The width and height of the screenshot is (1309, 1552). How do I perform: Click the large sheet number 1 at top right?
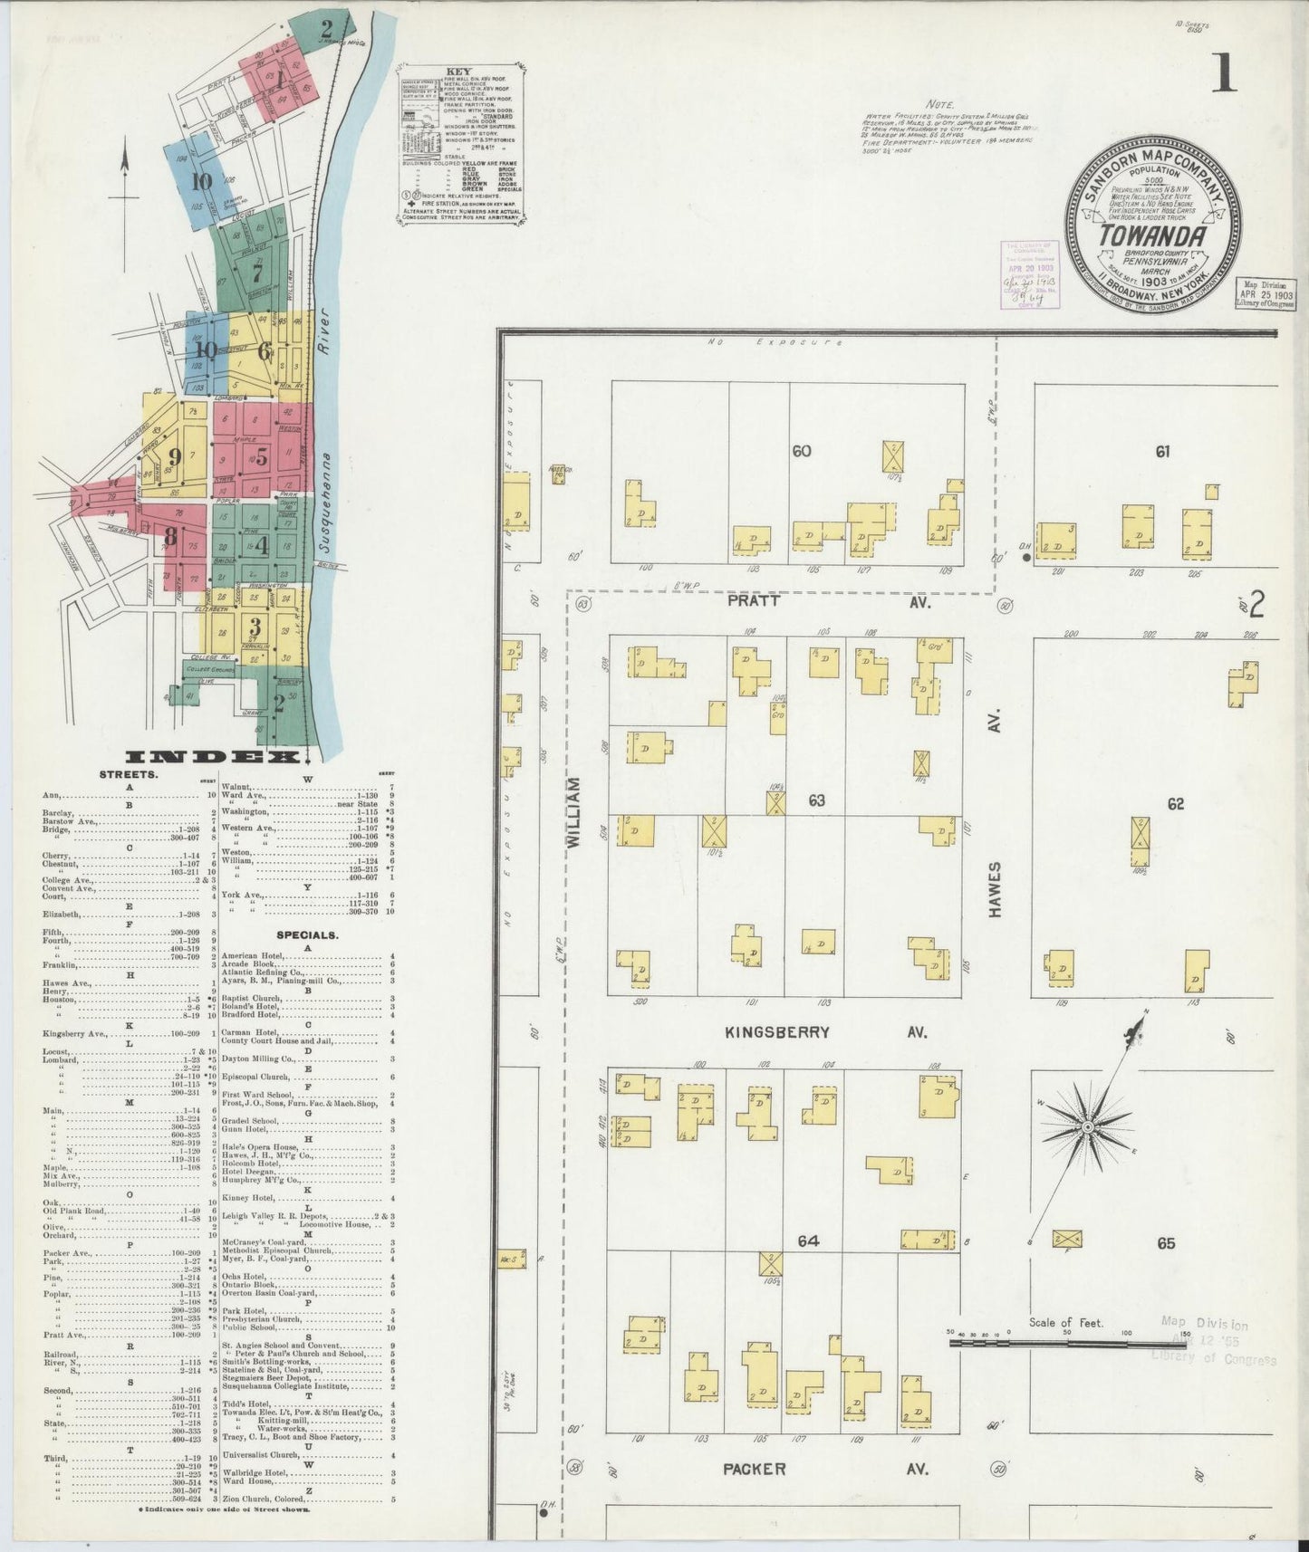point(1222,72)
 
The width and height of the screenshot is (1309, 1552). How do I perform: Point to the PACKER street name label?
point(754,1469)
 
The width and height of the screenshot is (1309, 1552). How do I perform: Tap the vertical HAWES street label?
point(996,889)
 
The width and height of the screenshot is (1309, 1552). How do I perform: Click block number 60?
point(801,450)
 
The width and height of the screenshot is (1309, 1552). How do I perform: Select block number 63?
point(816,800)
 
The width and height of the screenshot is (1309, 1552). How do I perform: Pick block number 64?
point(807,1241)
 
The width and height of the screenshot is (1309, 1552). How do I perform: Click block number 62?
point(1175,803)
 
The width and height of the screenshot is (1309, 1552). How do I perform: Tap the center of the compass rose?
point(1087,1126)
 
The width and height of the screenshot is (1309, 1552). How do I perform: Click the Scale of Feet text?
point(1065,1323)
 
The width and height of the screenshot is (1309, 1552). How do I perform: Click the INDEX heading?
point(214,757)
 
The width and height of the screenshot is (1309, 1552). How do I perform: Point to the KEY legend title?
point(459,71)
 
